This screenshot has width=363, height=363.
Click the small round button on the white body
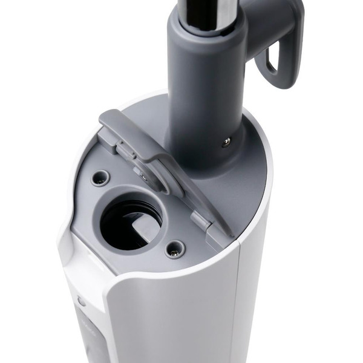81,301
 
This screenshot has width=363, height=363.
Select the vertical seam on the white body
239,302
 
